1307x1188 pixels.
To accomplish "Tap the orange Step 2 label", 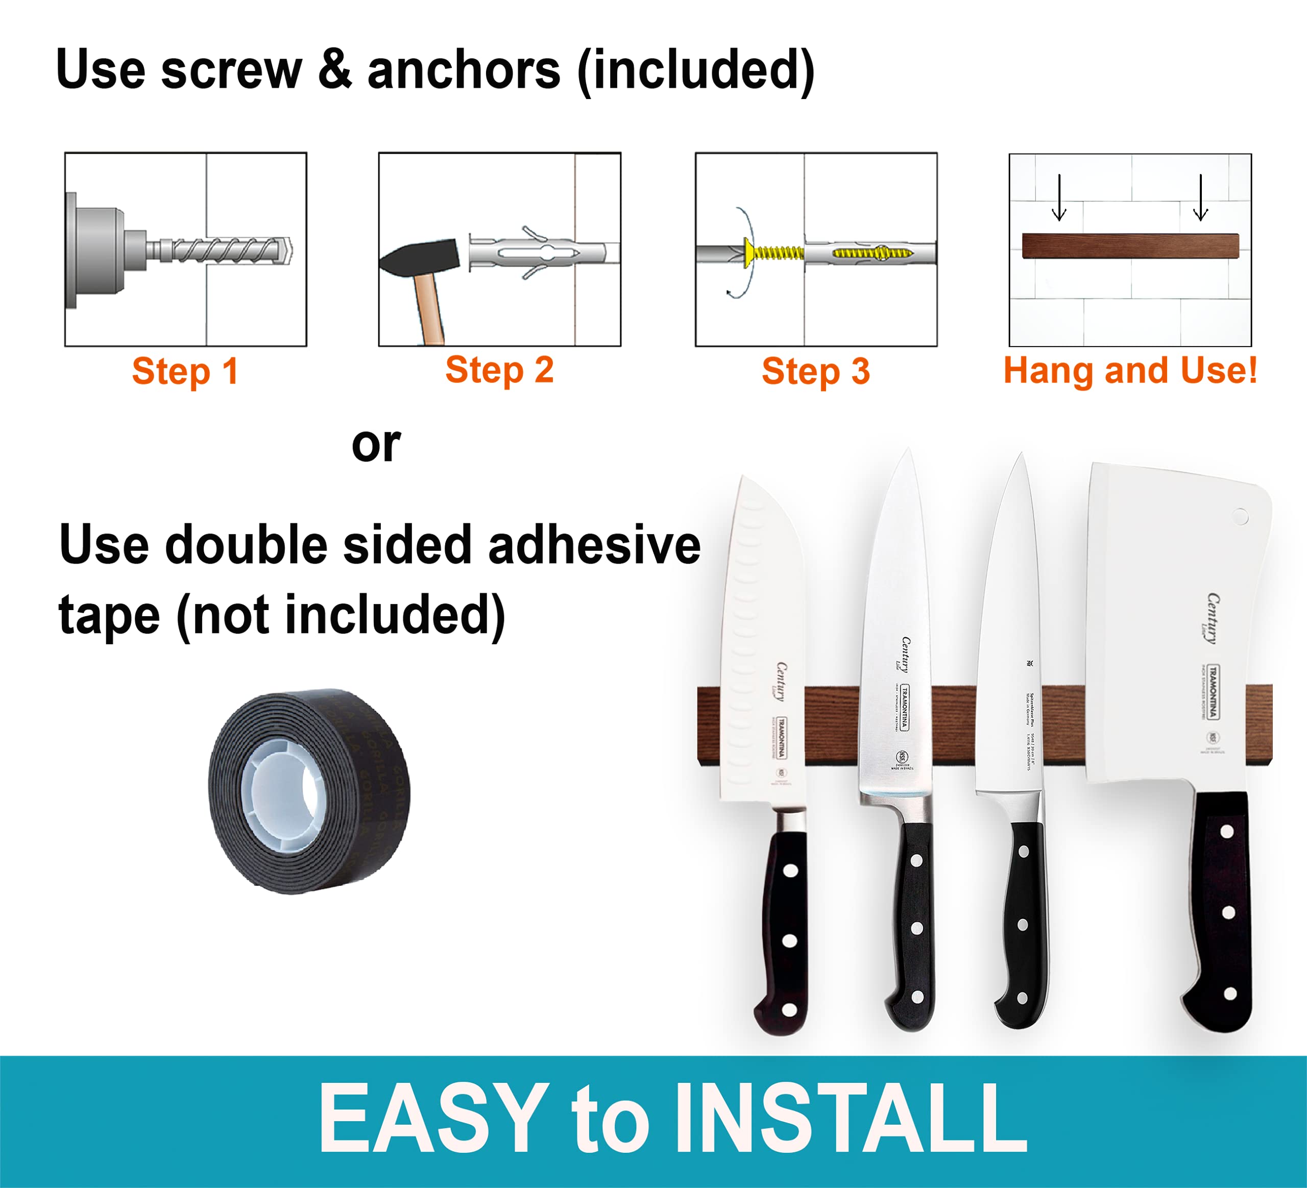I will [499, 370].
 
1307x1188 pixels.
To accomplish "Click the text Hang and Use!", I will [1130, 370].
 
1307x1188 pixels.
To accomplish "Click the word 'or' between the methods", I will [376, 445].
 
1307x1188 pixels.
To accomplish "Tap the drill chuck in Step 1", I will [97, 250].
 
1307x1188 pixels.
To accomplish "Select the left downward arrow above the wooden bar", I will [1059, 198].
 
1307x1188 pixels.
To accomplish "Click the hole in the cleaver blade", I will [1240, 517].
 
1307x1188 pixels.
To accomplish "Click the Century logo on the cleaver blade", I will [1211, 619].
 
